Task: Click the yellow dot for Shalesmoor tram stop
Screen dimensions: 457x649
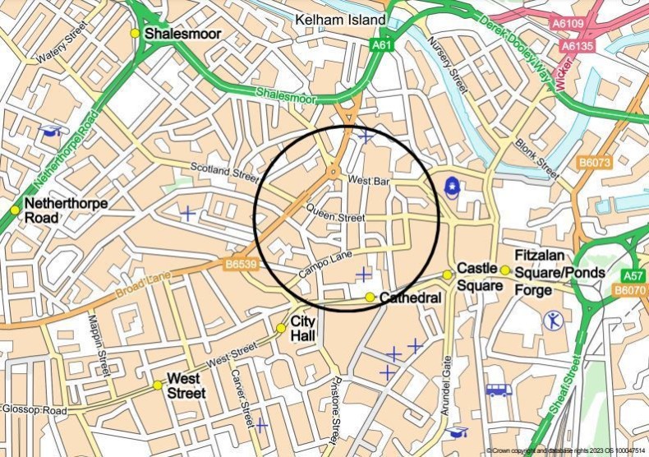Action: click(x=135, y=33)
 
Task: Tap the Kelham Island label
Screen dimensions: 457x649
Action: click(x=342, y=19)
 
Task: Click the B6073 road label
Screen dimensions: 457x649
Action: click(x=595, y=163)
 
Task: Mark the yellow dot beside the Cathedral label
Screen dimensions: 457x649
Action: click(x=371, y=297)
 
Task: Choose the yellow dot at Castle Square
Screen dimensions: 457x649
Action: click(x=448, y=275)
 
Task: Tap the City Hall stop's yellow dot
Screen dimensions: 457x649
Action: click(x=281, y=328)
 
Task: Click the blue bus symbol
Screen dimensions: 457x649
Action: click(x=498, y=390)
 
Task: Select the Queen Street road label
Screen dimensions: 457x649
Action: click(x=334, y=219)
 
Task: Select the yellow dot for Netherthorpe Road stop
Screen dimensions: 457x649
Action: click(x=15, y=210)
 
